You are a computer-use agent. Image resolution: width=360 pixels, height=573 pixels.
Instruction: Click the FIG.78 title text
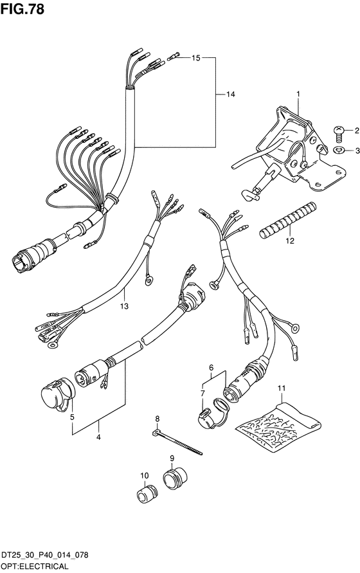click(22, 9)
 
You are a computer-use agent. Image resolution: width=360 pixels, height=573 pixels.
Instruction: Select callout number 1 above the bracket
click(298, 94)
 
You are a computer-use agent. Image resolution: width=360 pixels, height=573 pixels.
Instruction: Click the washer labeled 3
click(339, 149)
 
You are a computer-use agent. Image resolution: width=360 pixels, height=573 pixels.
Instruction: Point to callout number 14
click(230, 95)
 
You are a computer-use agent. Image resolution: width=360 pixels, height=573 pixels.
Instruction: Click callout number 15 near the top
click(196, 58)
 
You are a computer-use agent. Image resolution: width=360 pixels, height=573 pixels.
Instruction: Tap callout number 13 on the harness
click(124, 305)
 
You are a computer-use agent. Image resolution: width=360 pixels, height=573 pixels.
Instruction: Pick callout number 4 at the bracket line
click(98, 436)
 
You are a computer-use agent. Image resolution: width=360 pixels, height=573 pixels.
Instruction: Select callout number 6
click(211, 368)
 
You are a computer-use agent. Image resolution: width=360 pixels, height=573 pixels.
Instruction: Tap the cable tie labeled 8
click(177, 442)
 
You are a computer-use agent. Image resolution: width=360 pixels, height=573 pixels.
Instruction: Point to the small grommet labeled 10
click(147, 494)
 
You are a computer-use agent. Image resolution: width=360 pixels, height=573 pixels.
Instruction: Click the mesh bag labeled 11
click(278, 426)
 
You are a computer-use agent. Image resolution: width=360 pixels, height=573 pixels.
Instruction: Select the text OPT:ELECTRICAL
click(34, 567)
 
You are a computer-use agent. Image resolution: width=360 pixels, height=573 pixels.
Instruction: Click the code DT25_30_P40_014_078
click(44, 555)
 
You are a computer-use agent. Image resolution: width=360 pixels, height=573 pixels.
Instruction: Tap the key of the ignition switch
click(251, 194)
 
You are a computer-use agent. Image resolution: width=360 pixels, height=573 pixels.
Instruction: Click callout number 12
click(290, 241)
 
